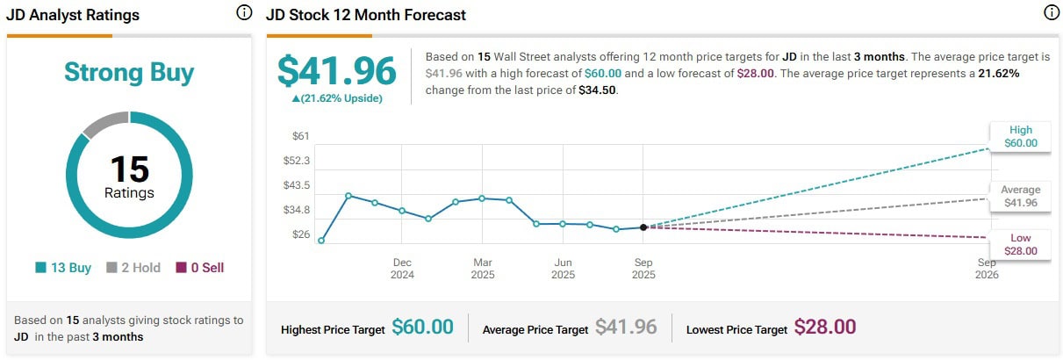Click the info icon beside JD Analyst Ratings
tap(243, 13)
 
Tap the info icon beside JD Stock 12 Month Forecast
tap(1051, 13)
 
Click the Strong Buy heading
tap(129, 72)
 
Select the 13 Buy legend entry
tap(63, 268)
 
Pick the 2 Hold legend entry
tap(133, 268)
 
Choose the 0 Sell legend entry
tap(200, 268)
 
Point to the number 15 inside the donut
tap(129, 169)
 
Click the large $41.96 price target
tap(337, 71)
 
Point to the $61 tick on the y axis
tap(301, 136)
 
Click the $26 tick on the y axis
tap(301, 234)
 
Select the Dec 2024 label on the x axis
tap(402, 269)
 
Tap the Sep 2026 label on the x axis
tap(987, 269)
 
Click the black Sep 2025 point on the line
tap(643, 227)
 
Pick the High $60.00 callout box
tap(1020, 136)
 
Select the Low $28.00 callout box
tap(1020, 244)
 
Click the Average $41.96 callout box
tap(1020, 196)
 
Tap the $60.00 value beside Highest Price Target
tap(422, 328)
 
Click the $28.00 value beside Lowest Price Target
tap(824, 328)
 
